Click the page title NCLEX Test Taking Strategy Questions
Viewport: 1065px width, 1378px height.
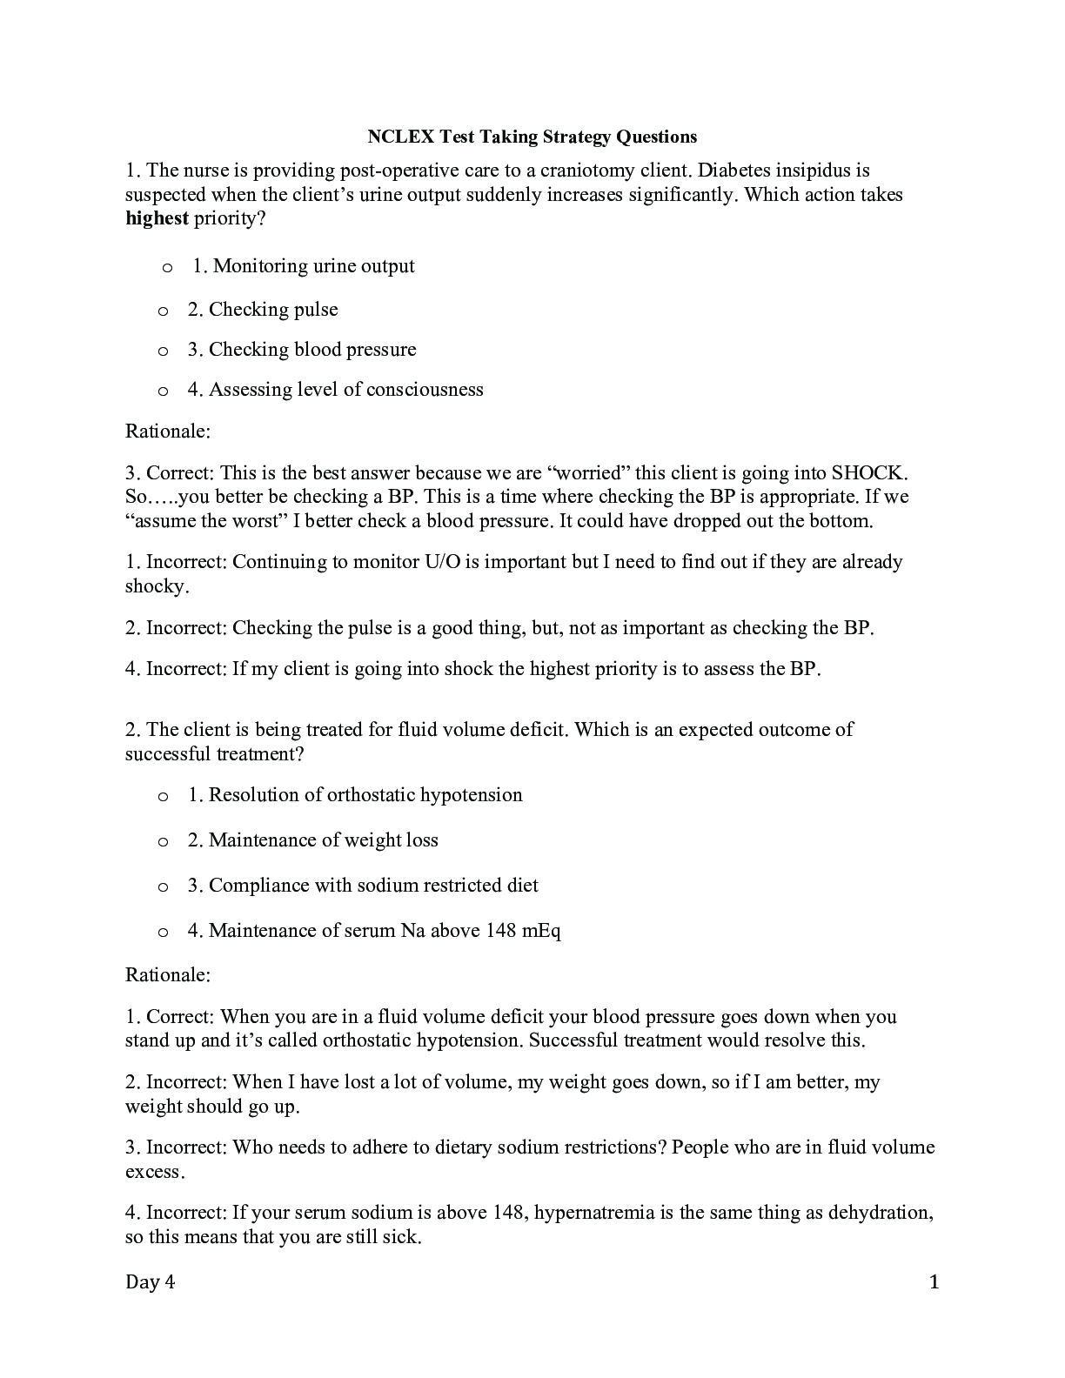click(532, 137)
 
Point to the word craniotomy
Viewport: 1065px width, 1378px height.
click(587, 171)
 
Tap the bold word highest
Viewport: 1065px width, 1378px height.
click(157, 218)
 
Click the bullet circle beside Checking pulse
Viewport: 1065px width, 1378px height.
click(163, 311)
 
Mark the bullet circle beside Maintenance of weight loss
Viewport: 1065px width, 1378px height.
click(163, 841)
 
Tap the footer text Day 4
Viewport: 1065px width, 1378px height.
click(151, 1282)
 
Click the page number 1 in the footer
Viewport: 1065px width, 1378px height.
click(934, 1282)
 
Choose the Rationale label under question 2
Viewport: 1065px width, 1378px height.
click(168, 974)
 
